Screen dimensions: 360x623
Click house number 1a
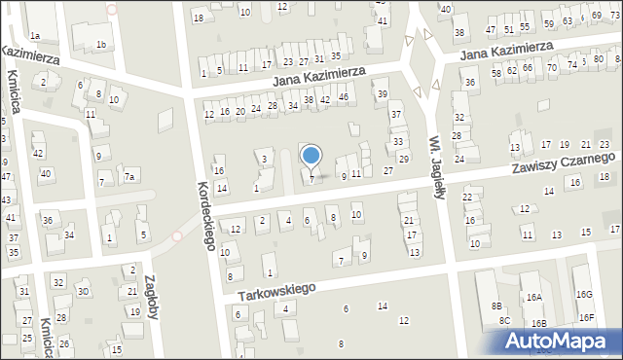pos(34,36)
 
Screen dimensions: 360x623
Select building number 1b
pos(101,44)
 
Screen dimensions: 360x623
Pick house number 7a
pos(128,176)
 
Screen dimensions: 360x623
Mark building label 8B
pos(495,306)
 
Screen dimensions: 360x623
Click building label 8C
pos(504,321)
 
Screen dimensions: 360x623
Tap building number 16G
pos(583,294)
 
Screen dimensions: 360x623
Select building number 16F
pos(586,317)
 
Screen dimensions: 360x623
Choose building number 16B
pos(537,323)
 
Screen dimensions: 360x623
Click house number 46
pos(343,97)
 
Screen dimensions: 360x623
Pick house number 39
pos(383,93)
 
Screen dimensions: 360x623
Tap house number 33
pos(397,142)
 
